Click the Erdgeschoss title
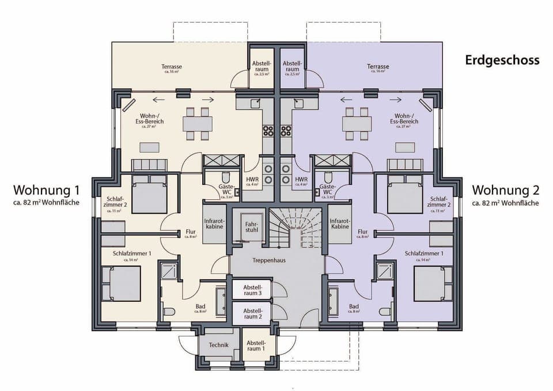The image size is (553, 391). pos(502,60)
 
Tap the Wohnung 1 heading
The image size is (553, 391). pos(47,191)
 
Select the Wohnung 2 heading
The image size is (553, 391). pos(505,191)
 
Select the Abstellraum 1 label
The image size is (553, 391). pos(255,346)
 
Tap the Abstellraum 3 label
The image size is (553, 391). pos(252,290)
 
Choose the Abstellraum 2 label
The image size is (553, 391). pos(252,313)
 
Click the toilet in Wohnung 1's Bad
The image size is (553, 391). pos(169,312)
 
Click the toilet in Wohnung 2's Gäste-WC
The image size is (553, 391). pos(328,177)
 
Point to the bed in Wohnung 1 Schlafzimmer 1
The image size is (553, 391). pos(121,284)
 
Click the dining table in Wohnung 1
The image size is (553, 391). pos(197,124)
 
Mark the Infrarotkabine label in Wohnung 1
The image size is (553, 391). pos(214,223)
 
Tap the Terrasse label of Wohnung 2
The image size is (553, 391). pos(378,67)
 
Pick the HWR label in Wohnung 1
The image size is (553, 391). pos(252,180)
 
